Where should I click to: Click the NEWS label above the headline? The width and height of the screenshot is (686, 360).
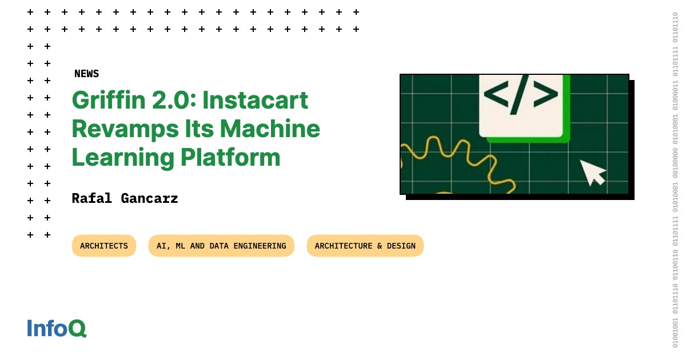[86, 74]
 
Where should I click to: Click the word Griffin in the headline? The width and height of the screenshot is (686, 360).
[106, 101]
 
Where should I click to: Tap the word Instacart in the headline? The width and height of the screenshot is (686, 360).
[255, 101]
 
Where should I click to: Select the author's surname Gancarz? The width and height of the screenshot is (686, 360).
[150, 198]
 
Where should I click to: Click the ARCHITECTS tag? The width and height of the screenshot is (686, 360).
[104, 246]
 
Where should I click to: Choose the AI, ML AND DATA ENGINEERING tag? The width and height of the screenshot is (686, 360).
[221, 246]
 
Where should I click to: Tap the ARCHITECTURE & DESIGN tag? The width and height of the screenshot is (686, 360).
[365, 246]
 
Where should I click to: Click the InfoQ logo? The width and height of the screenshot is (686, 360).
[57, 328]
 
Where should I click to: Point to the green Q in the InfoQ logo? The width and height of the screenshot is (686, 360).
[77, 329]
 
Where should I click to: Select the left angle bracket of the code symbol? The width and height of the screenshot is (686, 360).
[497, 95]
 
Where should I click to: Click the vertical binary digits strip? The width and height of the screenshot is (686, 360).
[675, 180]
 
